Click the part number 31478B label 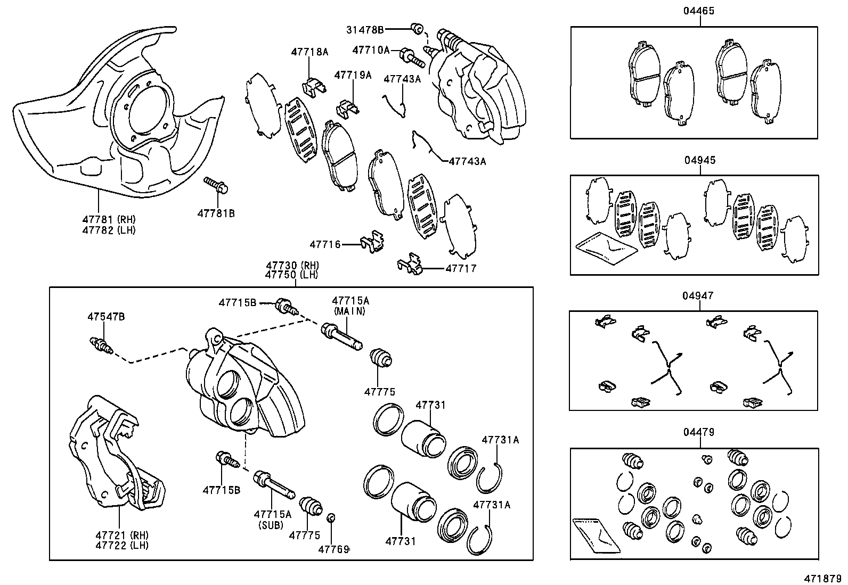tap(365, 30)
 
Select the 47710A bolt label tap(371, 50)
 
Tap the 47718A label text tap(309, 52)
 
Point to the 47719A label tap(353, 75)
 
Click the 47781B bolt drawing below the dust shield tap(216, 186)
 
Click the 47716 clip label tap(325, 244)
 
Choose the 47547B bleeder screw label tap(106, 317)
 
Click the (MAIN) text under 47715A tap(349, 311)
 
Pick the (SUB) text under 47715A tap(272, 525)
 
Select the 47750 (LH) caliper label tap(291, 275)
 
